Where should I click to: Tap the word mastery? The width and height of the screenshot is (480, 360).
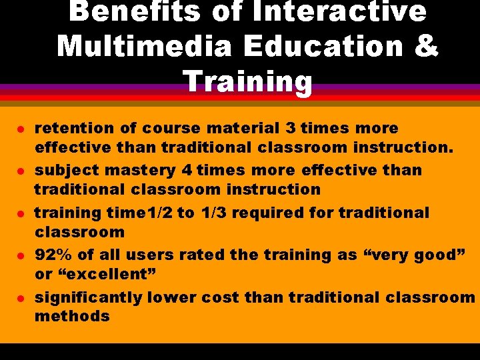(121, 170)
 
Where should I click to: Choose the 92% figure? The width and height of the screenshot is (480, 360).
(53, 255)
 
